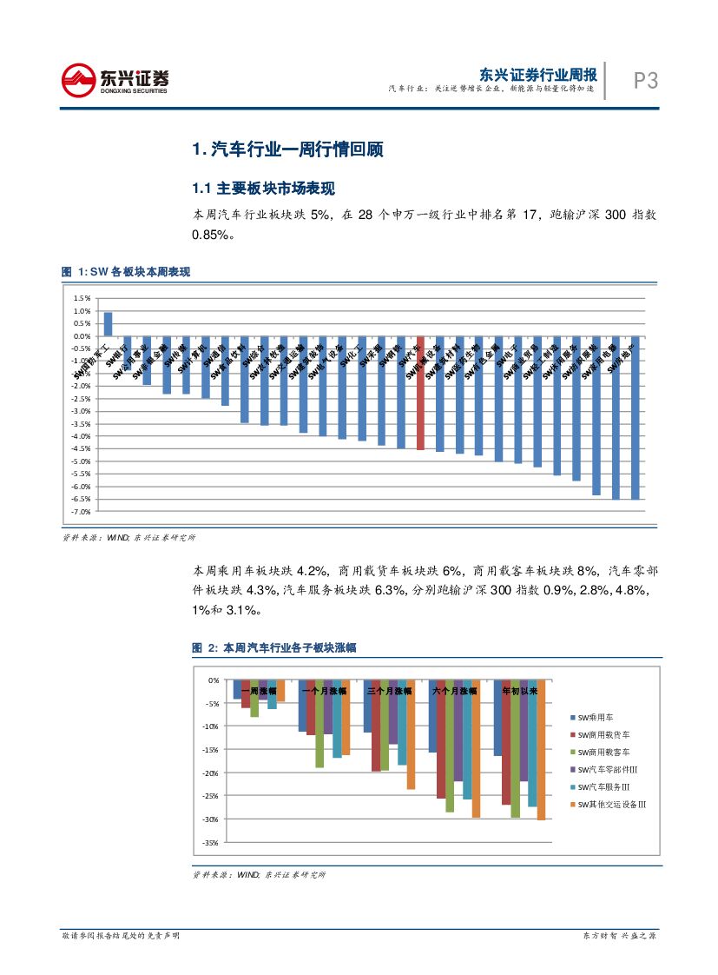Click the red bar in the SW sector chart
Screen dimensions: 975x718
[420, 393]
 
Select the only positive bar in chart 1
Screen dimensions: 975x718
[108, 324]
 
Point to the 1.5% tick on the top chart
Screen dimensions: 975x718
[82, 298]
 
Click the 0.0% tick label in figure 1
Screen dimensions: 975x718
[82, 336]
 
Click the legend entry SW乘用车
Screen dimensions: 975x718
[595, 718]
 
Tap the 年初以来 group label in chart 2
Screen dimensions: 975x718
[521, 691]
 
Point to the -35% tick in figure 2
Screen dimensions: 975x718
[211, 842]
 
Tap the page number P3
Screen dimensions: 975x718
[645, 82]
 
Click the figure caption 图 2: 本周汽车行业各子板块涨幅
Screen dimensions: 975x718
[274, 648]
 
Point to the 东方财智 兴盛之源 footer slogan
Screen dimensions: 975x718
[619, 936]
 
